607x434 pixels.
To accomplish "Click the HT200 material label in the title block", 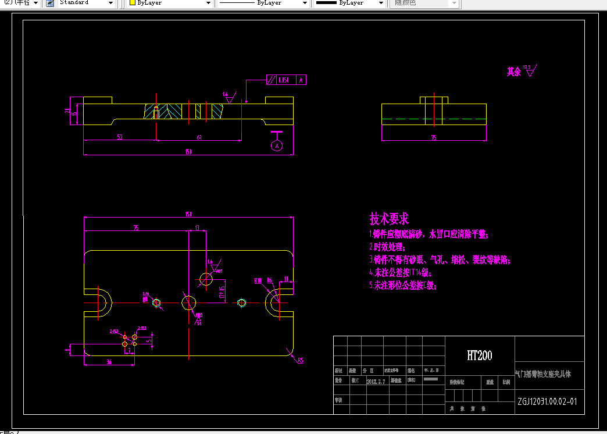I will pos(480,355).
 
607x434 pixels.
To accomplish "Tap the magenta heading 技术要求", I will pos(389,219).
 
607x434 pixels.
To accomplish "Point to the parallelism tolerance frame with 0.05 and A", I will pos(286,80).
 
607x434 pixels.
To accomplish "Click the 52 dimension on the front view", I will pos(120,137).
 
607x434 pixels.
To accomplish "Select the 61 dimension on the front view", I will pos(199,137).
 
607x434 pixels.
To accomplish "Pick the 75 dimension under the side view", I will pos(434,138).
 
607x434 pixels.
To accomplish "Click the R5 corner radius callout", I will pos(301,361).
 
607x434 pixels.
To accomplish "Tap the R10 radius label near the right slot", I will pos(258,280).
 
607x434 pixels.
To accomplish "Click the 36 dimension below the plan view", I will pos(109,362).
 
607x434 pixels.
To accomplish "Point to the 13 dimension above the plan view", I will pos(198,227).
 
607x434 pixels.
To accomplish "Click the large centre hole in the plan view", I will pos(189,303).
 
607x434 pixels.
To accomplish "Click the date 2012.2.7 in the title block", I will pos(376,382).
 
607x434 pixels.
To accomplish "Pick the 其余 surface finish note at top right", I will pos(513,72).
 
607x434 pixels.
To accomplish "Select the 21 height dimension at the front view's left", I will pos(67,111).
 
